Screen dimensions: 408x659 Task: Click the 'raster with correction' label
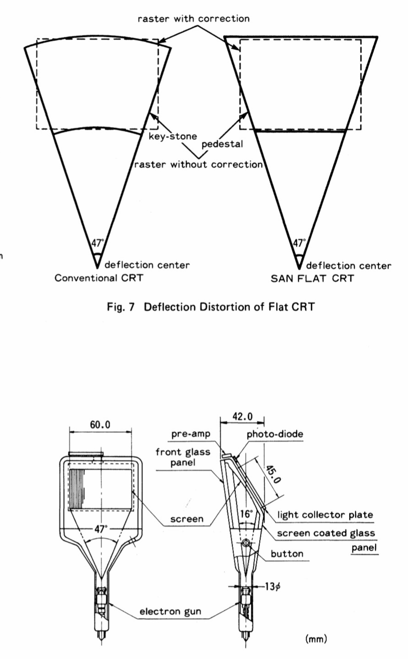coord(194,19)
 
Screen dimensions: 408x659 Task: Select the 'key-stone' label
coord(173,136)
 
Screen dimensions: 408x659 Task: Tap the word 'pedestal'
coord(222,144)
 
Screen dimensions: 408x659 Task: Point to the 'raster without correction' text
coord(198,164)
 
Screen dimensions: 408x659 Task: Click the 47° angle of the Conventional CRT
coord(98,243)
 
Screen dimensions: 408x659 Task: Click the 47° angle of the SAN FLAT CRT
coord(299,243)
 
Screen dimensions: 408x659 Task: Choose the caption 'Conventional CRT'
coord(99,278)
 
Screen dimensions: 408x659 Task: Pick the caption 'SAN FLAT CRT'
coord(312,278)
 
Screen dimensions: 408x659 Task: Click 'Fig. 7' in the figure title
coord(121,307)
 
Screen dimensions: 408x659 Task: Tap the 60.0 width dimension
coord(100,425)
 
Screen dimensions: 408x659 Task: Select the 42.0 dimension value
coord(242,416)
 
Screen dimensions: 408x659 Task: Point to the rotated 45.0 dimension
coord(272,474)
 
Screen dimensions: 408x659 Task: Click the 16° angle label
coord(246,514)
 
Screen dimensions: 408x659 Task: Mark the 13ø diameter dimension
coord(272,587)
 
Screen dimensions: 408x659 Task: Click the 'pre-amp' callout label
coord(191,434)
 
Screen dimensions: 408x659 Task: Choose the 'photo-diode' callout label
coord(275,434)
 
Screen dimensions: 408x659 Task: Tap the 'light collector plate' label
coord(325,515)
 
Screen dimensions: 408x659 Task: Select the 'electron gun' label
coord(170,611)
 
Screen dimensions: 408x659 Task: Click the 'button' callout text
coord(287,553)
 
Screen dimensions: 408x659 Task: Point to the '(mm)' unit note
coord(316,638)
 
